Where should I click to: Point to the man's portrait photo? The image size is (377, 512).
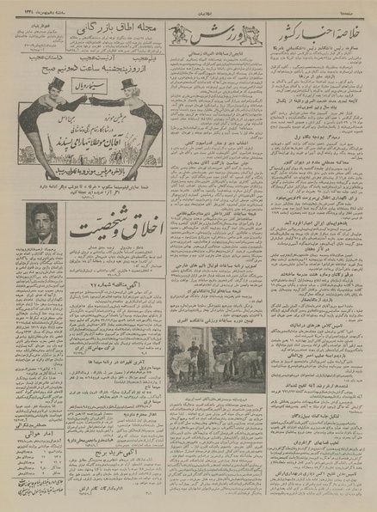(37, 222)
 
